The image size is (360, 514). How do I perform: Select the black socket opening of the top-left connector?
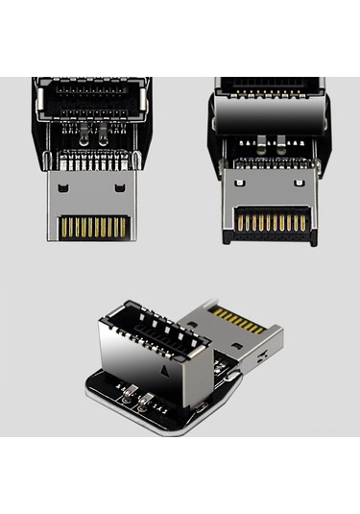coord(92,98)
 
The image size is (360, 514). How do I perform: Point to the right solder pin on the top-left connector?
coord(105,139)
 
